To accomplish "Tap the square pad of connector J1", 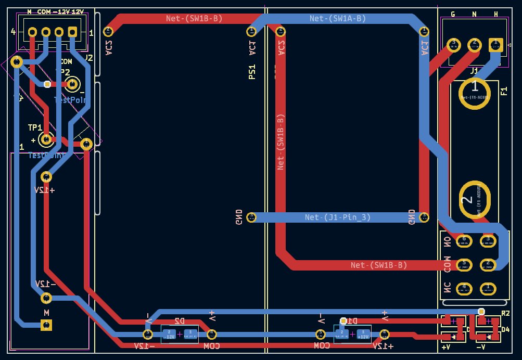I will coord(494,44).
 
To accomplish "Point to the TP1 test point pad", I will coord(46,139).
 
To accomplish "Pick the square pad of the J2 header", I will coord(72,32).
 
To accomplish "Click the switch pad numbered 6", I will coord(464,241).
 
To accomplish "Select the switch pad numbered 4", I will coord(464,288).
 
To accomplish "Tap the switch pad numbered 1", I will coord(488,288).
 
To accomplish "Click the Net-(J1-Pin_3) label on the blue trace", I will coord(338,217).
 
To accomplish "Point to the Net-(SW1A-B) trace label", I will coord(338,19).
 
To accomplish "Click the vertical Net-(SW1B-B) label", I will coord(281,142).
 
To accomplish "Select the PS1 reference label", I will coord(252,71).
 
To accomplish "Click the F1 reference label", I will coord(504,92).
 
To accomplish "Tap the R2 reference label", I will coord(505,313).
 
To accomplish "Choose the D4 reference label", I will coord(505,329).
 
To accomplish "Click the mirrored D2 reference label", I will coord(180,321).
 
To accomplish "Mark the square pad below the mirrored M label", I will coord(46,325).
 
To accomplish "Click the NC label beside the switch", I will coord(447,288).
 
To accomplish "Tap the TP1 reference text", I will coord(35,127).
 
